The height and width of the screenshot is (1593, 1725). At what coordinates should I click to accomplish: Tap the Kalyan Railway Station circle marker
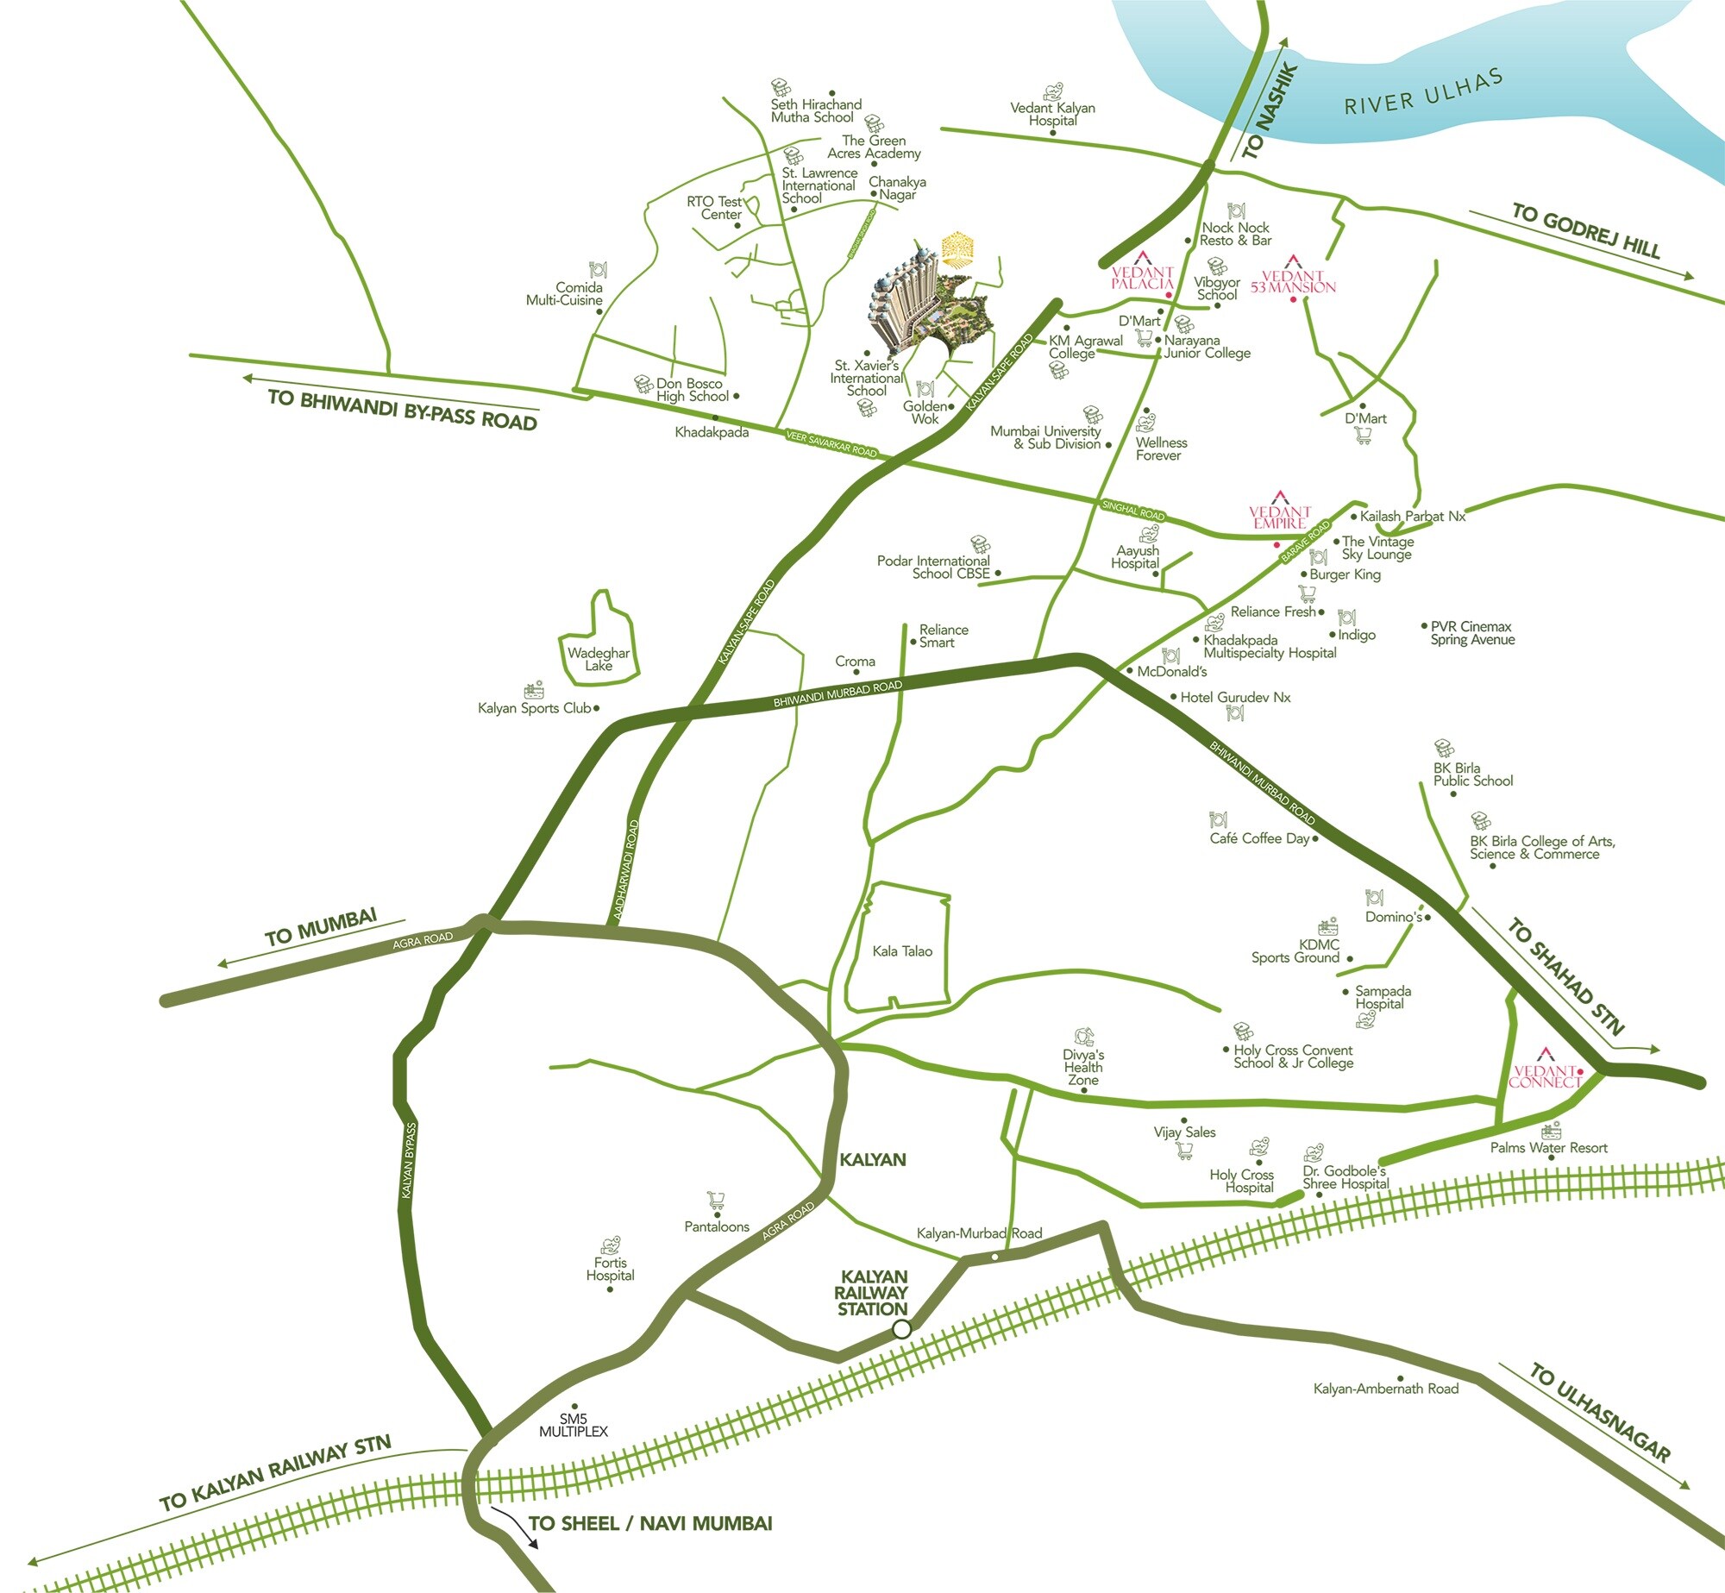pos(901,1329)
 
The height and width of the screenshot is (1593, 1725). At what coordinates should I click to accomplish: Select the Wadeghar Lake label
pos(599,659)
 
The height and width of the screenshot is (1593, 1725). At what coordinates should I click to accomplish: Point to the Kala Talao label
pos(902,951)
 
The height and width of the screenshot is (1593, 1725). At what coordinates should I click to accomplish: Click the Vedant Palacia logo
pos(1142,272)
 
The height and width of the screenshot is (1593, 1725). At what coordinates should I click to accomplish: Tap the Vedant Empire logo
pos(1280,512)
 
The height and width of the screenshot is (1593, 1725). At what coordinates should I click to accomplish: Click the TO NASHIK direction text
pos(1270,111)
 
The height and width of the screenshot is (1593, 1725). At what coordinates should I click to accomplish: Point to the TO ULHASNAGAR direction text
pos(1600,1412)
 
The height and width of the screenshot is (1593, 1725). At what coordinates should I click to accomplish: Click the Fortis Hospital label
pos(610,1269)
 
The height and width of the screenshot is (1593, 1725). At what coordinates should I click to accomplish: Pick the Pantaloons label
pos(717,1226)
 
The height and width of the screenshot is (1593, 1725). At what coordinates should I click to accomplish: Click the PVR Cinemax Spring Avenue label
pos(1472,633)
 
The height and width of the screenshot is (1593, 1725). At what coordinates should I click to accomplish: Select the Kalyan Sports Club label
pos(535,708)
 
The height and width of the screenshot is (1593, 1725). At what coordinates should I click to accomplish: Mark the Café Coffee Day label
pos(1259,838)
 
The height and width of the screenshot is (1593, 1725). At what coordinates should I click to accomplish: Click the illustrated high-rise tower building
pos(906,293)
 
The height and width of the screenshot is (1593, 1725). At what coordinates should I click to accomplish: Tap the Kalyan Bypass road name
pos(409,1160)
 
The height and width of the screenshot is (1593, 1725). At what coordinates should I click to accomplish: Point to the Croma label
pos(855,662)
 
